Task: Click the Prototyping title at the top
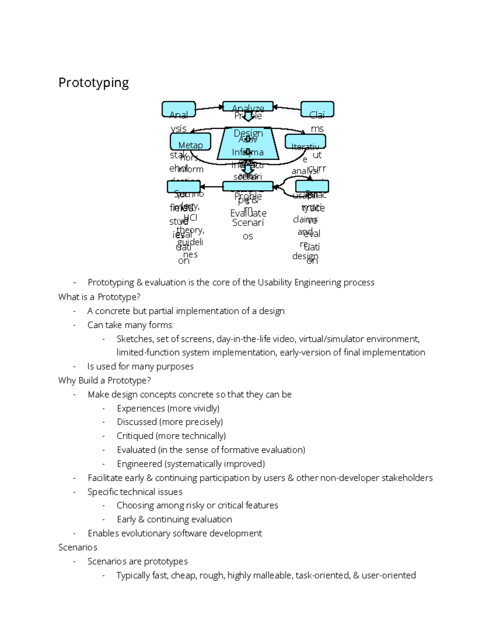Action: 93,83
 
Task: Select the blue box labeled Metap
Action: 191,141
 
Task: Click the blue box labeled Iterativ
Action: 305,142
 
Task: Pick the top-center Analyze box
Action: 248,106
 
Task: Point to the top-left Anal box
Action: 179,109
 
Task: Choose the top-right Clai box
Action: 317,109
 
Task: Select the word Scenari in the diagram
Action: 248,222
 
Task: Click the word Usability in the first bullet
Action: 275,282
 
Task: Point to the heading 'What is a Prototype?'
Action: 99,297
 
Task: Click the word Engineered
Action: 139,464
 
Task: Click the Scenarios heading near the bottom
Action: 78,547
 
